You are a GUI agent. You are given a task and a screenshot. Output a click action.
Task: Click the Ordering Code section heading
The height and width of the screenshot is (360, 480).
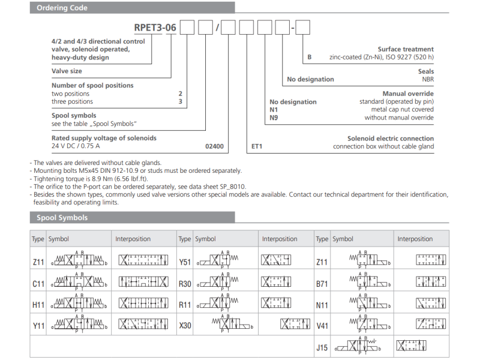pyautogui.click(x=62, y=8)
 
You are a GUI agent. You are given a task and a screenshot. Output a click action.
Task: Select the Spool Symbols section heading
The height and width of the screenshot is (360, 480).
pyautogui.click(x=62, y=218)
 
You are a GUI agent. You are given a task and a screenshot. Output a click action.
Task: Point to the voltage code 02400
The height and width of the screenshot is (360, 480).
pyautogui.click(x=214, y=146)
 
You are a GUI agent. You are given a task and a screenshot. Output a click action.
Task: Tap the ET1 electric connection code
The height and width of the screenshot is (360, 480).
pyautogui.click(x=256, y=146)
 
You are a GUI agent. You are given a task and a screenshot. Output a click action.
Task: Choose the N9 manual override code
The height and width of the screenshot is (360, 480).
pyautogui.click(x=274, y=118)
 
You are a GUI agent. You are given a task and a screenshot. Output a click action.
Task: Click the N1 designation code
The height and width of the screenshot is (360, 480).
pyautogui.click(x=274, y=110)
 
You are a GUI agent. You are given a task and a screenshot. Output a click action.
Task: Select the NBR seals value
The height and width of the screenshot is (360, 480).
pyautogui.click(x=427, y=79)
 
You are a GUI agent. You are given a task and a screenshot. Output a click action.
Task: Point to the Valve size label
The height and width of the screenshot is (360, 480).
pyautogui.click(x=67, y=71)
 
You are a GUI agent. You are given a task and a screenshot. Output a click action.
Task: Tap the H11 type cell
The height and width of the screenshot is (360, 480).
pyautogui.click(x=38, y=304)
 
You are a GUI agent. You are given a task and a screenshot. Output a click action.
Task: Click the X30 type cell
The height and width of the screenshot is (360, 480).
pyautogui.click(x=185, y=326)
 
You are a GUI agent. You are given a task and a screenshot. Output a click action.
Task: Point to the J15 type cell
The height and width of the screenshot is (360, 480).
pyautogui.click(x=322, y=346)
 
